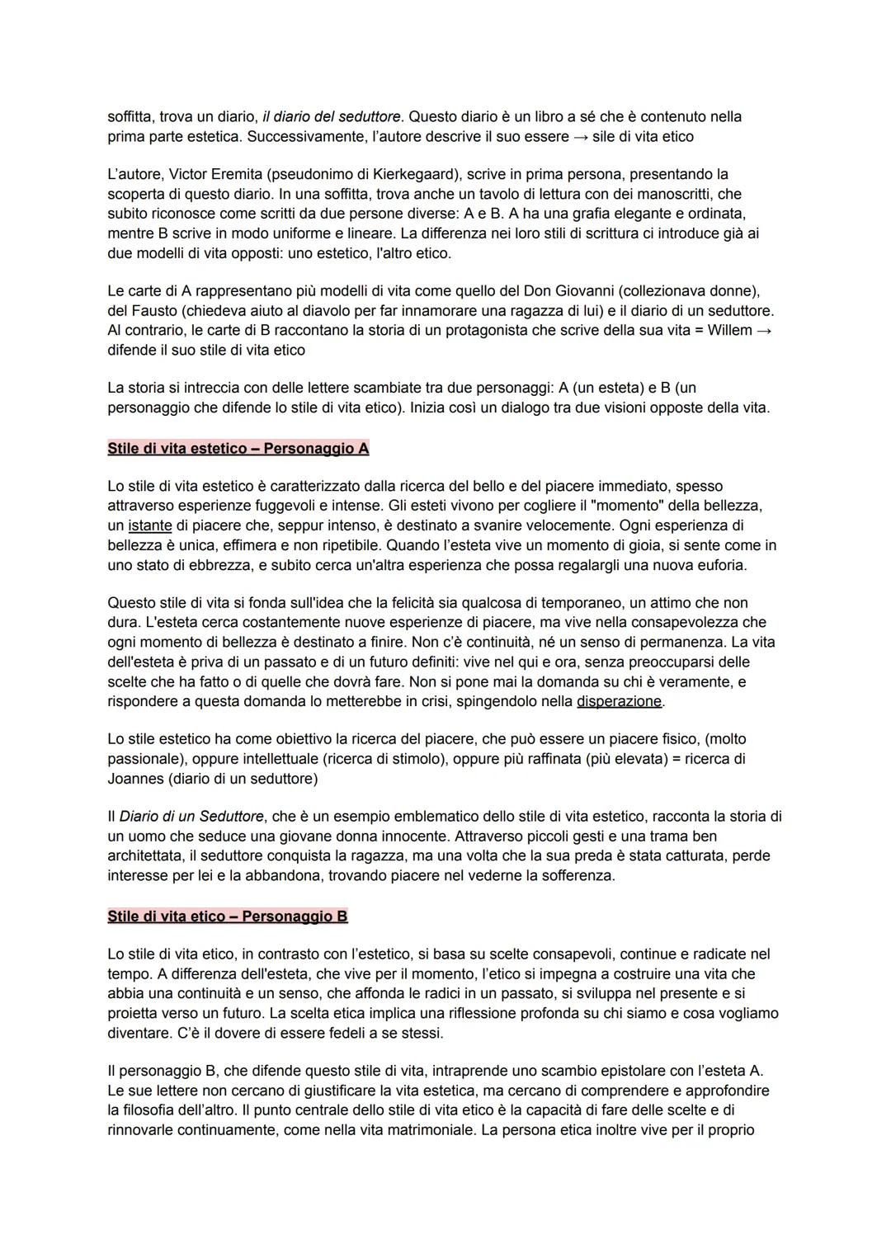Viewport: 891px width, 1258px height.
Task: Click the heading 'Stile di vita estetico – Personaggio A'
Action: [238, 449]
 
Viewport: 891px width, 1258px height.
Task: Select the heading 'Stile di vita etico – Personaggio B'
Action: [227, 916]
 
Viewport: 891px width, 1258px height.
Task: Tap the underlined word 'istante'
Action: [150, 525]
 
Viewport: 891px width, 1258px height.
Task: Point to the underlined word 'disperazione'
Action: [619, 701]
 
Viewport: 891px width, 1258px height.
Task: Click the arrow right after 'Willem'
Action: [764, 331]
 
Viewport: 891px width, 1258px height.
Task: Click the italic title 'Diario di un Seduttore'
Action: [191, 817]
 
